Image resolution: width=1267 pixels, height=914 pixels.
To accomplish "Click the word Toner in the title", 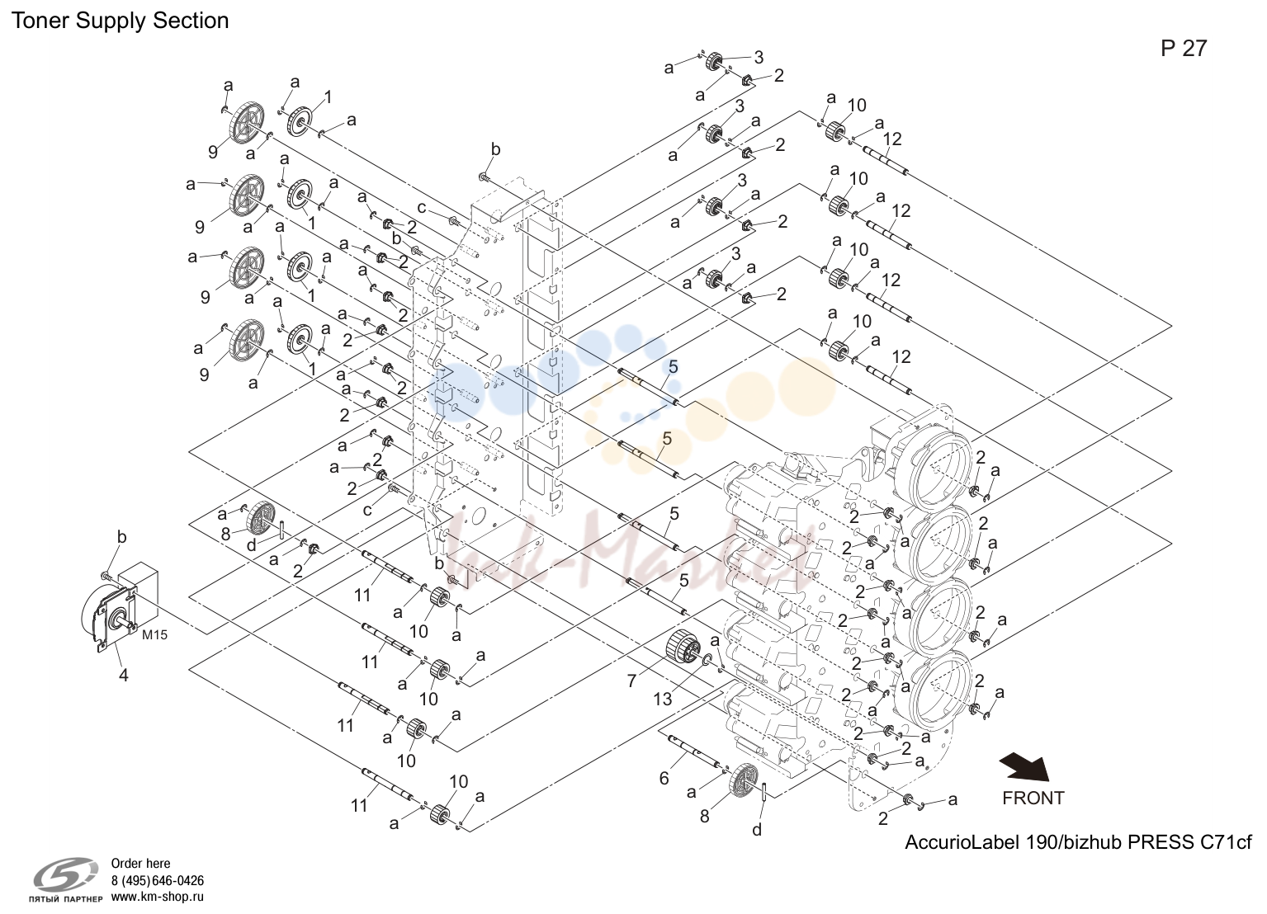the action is tap(40, 21).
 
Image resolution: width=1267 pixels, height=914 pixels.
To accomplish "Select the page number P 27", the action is tap(1184, 49).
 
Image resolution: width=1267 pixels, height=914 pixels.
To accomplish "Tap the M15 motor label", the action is tap(154, 635).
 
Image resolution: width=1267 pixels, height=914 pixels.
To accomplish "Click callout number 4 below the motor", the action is tap(123, 675).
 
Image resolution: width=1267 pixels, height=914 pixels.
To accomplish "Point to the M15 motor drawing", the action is tap(119, 608).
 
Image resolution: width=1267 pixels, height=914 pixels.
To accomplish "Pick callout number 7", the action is tap(631, 681).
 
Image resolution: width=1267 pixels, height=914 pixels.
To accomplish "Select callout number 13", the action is tap(663, 700).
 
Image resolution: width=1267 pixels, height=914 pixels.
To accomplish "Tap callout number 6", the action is tap(664, 779).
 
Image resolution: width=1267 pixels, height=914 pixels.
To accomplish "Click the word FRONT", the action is tap(1033, 799).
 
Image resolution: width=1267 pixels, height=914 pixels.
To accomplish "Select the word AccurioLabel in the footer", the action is tap(962, 842).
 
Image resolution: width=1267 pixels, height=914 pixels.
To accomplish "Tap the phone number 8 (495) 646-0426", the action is tap(158, 881).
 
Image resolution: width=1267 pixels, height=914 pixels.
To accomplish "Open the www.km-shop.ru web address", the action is tap(158, 897).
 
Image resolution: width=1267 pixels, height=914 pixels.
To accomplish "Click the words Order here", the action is tap(140, 864).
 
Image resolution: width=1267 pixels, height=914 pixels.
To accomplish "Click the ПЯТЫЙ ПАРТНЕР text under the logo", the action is tap(65, 898).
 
